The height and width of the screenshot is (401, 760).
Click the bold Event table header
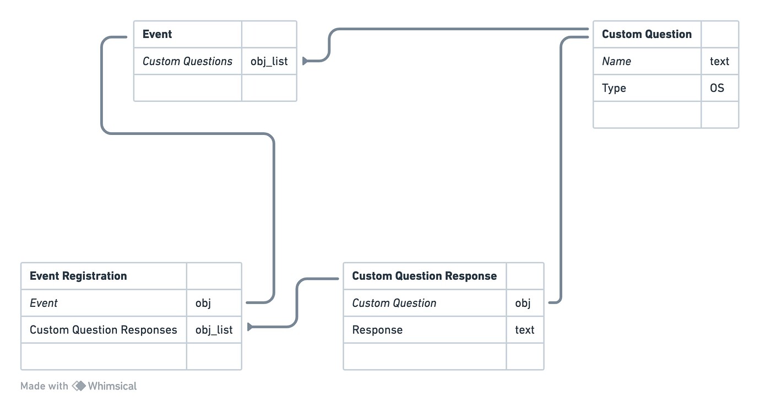pos(157,34)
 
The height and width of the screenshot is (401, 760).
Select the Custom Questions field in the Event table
pos(187,61)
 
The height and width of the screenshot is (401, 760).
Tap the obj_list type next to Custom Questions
pos(269,61)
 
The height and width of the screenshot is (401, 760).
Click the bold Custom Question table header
pos(646,34)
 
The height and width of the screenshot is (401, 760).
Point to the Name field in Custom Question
pos(616,61)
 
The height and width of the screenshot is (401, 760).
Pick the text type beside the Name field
pos(719,61)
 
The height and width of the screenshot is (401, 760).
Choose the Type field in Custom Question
pos(614,88)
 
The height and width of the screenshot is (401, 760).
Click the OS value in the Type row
pos(716,88)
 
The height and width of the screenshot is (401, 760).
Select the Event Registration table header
pos(78,276)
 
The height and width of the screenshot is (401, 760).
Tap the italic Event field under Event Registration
pos(44,303)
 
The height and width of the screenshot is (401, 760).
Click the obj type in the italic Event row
pos(203,303)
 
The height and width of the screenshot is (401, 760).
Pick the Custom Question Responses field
pos(103,330)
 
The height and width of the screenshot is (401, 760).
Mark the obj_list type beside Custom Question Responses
pos(214,330)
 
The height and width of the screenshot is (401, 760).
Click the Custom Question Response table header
pos(424,276)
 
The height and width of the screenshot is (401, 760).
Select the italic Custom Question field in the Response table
pos(394,303)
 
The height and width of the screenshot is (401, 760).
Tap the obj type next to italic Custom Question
pos(523,303)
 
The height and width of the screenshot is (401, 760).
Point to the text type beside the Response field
pos(524,330)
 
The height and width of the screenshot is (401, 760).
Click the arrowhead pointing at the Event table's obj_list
pos(305,61)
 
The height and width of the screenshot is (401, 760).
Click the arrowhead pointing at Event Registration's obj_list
pos(250,327)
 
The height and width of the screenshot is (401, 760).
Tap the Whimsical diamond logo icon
pos(79,386)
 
